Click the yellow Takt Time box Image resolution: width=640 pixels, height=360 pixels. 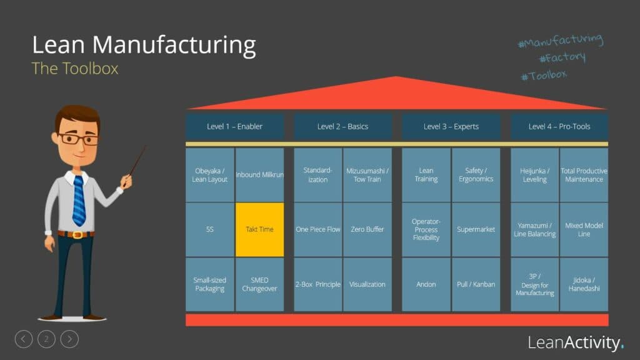coord(259,229)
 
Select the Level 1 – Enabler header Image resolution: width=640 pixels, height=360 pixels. coord(234,126)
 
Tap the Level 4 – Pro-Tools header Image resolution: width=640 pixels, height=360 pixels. coord(559,126)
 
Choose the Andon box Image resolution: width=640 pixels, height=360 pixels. coord(426,284)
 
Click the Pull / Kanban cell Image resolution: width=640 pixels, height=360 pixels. coord(476,284)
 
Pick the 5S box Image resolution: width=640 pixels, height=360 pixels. coord(210,229)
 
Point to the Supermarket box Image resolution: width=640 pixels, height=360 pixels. coord(476,229)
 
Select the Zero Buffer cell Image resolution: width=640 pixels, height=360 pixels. coord(367,229)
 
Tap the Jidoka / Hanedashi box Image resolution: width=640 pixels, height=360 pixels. coord(584,284)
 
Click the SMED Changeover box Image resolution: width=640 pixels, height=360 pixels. coord(259,284)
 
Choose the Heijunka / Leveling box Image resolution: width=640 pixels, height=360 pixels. coord(534,175)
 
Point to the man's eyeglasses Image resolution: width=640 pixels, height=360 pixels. coord(78,139)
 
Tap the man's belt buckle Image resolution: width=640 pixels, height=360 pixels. coord(77,235)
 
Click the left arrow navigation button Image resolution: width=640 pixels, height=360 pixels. coord(23,339)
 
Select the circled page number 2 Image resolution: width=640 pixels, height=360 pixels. coord(46,339)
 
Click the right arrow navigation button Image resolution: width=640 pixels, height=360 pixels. coord(69,339)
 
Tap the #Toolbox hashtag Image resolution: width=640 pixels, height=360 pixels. coord(543,75)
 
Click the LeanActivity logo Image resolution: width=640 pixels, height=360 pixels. coord(576,342)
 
